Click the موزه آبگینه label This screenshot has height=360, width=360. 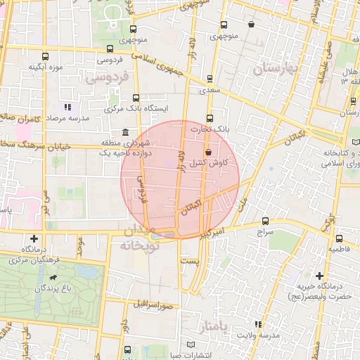coord(46,67)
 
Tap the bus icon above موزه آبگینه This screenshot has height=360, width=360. coord(46,56)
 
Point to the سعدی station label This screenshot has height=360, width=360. coord(210,90)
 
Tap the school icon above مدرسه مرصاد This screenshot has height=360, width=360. coord(67,108)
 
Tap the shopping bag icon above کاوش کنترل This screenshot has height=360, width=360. coord(207,152)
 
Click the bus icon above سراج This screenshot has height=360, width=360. coord(265,220)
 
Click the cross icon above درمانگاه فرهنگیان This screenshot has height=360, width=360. coord(34,239)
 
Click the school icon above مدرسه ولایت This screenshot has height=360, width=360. coord(258,323)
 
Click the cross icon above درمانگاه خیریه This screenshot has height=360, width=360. coord(321,275)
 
